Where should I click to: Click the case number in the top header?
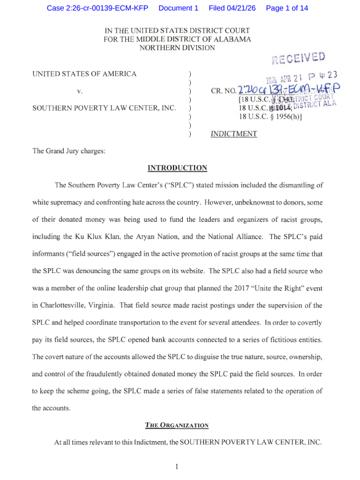coord(98,8)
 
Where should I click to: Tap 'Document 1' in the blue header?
coord(178,8)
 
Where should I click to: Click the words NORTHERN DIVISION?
coord(177,48)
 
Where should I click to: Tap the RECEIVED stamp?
coord(298,58)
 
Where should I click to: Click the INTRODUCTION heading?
coord(177,167)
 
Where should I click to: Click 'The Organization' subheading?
coord(177,425)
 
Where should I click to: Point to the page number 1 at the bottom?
coord(177,466)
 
